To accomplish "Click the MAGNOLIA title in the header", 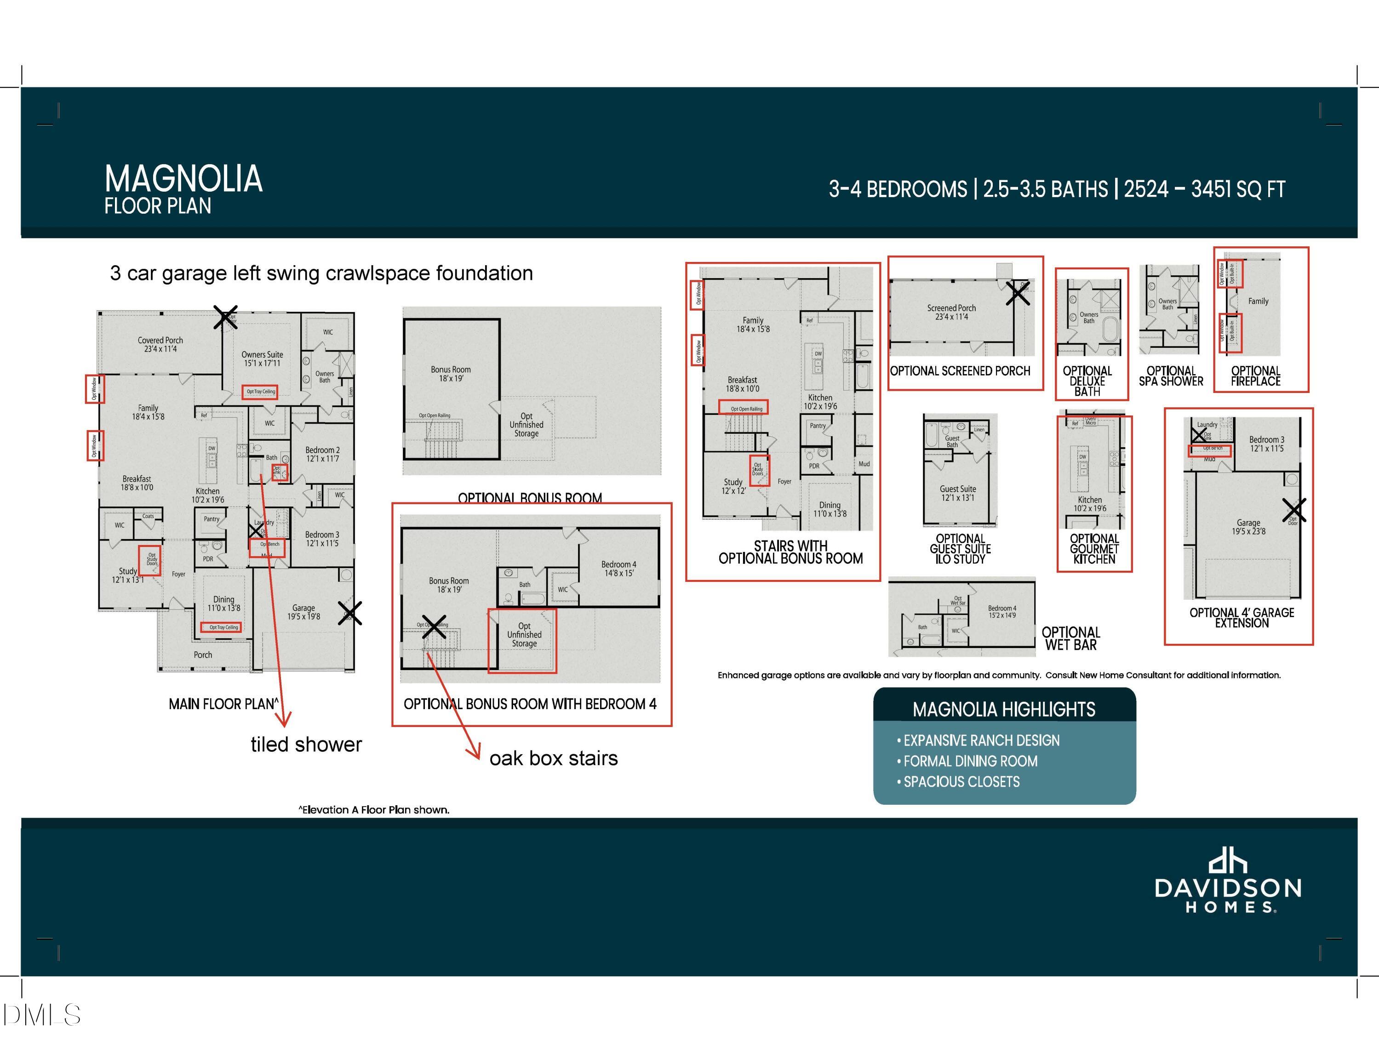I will (183, 179).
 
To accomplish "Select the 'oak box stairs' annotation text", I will (553, 758).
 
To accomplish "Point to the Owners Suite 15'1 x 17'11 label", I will (262, 358).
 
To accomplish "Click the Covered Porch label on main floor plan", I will (160, 344).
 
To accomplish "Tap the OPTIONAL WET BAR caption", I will (1071, 638).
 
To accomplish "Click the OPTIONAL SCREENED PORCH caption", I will (960, 371).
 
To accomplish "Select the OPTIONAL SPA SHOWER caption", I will (1171, 376).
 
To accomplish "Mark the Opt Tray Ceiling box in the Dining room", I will (223, 627).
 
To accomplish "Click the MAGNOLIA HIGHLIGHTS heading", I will (1003, 710).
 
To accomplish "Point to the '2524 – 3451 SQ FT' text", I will (1204, 189).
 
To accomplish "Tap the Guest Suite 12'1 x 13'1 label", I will (957, 493).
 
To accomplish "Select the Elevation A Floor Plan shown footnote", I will (374, 810).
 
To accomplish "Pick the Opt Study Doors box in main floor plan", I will (150, 560).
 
